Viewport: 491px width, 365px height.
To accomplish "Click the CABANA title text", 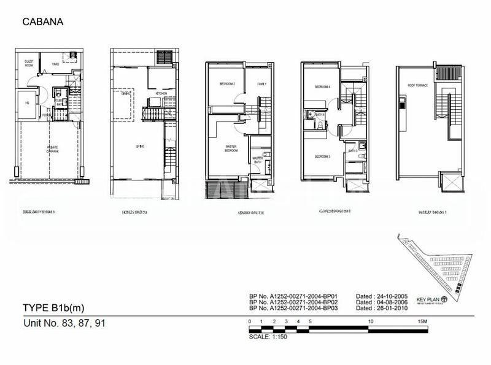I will pos(43,22).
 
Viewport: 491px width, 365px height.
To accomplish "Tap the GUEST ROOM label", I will pos(29,63).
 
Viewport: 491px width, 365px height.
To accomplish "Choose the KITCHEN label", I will pos(161,93).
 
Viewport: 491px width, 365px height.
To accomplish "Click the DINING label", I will pos(126,93).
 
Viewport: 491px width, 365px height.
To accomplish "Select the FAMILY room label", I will pos(262,83).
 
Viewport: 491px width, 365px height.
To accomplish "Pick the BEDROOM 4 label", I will pos(322,87).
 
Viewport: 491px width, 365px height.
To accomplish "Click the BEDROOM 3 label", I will pos(323,157).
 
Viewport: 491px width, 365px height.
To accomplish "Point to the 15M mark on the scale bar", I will pos(421,321).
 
